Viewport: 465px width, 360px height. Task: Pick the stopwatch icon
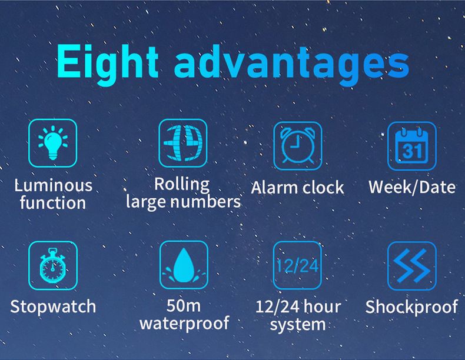click(53, 265)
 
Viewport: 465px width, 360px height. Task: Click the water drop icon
click(183, 265)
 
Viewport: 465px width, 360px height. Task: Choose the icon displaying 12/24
click(298, 265)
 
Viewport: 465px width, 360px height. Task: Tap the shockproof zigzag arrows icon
click(411, 265)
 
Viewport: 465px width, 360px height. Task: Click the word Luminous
click(54, 186)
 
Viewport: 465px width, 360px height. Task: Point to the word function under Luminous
click(53, 204)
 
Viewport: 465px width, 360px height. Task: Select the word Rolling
click(182, 184)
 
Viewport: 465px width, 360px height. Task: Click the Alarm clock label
click(297, 188)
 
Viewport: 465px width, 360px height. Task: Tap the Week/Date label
click(412, 187)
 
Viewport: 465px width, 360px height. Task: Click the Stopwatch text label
click(53, 307)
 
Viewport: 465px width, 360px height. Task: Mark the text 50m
click(184, 306)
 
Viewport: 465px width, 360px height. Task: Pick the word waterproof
click(184, 323)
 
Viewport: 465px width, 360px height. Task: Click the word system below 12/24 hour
click(298, 324)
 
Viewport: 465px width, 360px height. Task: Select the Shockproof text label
click(411, 307)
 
